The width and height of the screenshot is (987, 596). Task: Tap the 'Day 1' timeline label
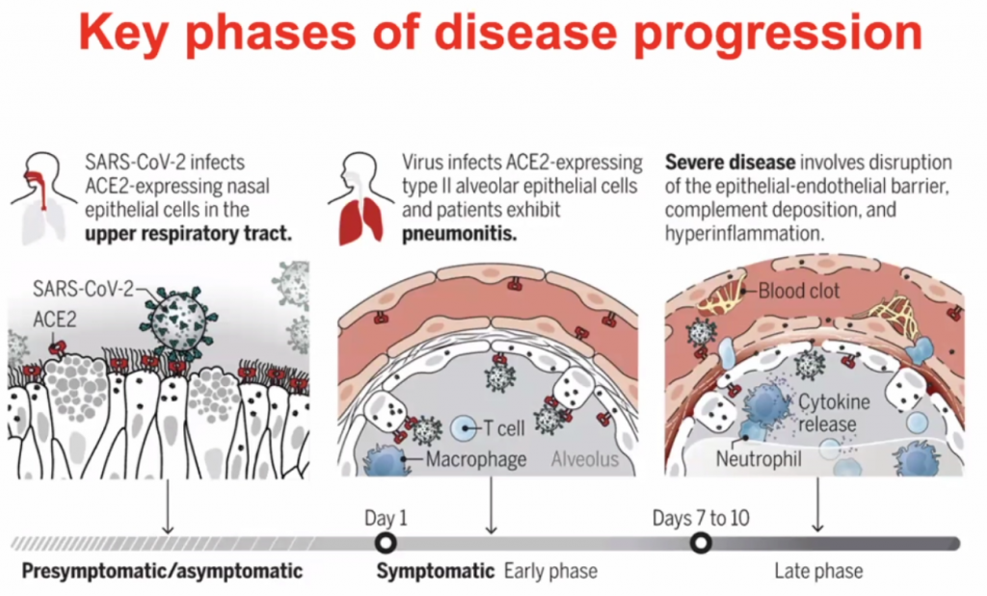pos(386,517)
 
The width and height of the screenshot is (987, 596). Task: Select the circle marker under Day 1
pos(386,543)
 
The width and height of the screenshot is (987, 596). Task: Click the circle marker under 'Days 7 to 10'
pos(702,543)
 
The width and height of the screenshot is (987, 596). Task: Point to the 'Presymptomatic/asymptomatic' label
pos(161,571)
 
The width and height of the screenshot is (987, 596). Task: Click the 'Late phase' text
pos(818,571)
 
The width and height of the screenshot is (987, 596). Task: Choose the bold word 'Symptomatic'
pos(436,571)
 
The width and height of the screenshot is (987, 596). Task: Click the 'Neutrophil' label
pos(759,459)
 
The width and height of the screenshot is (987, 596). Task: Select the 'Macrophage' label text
pos(476,459)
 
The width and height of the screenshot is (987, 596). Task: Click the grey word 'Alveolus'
pos(585,459)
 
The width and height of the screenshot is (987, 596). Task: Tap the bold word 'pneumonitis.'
pos(452,231)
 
